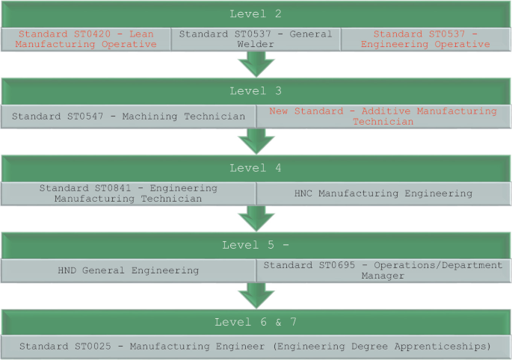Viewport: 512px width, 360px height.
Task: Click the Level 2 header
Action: click(x=256, y=14)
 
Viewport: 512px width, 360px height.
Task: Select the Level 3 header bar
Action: click(x=256, y=91)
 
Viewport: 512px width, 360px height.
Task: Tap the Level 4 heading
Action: click(x=256, y=168)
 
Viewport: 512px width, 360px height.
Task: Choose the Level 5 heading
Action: click(x=256, y=245)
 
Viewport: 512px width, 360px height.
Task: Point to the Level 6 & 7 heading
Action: click(x=256, y=322)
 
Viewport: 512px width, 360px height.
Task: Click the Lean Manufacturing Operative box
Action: click(x=86, y=39)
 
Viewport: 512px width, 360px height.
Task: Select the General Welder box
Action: click(x=256, y=39)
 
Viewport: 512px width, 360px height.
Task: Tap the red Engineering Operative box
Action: click(x=425, y=39)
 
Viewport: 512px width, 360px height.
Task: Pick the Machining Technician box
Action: click(x=129, y=116)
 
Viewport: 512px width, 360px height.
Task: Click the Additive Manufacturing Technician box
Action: click(x=383, y=116)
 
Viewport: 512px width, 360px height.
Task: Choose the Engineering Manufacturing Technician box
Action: click(x=129, y=193)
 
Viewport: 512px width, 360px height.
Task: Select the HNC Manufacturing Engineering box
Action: click(x=383, y=193)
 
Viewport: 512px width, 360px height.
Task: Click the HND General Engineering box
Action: click(x=129, y=270)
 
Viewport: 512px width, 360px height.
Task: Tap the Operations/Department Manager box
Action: click(x=383, y=270)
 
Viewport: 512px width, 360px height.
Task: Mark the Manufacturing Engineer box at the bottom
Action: click(x=256, y=347)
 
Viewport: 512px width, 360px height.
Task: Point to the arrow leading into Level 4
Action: click(x=256, y=141)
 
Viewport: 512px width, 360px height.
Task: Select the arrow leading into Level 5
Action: click(x=256, y=218)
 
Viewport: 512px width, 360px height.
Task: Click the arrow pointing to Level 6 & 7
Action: click(x=256, y=295)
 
